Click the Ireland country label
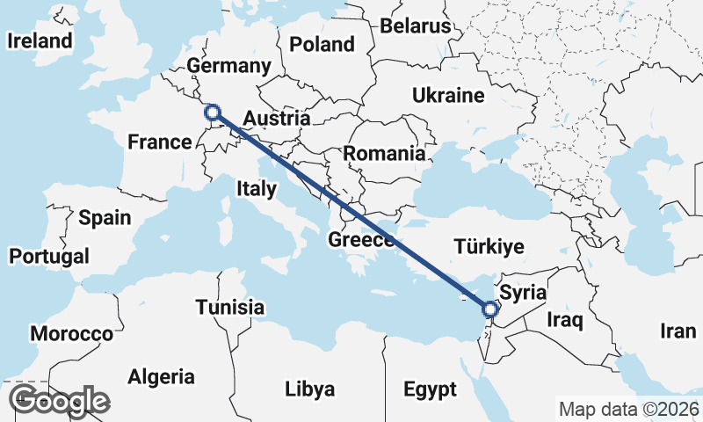tap(40, 41)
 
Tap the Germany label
tap(229, 66)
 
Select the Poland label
tap(322, 44)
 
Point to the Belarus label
tap(415, 26)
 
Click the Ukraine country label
tap(448, 95)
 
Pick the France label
tap(159, 142)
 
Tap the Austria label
tap(276, 119)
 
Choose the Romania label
tap(384, 154)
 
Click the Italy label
tap(257, 188)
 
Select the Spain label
tap(104, 218)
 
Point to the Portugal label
tap(49, 257)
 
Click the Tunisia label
tap(230, 308)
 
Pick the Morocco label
tap(72, 334)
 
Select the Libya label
tap(309, 389)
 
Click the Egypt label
tap(430, 389)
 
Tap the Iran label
tap(678, 331)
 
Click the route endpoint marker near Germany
tap(212, 112)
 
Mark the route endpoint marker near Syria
tap(490, 309)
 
